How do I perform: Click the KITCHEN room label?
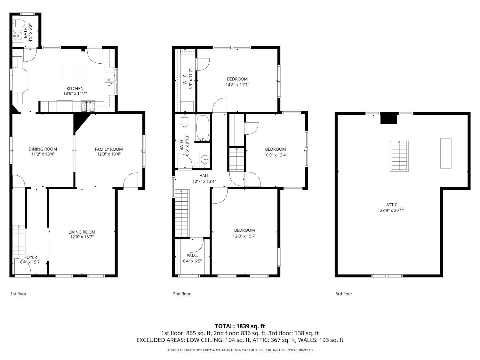tap(75, 89)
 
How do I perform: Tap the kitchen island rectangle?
tap(72, 72)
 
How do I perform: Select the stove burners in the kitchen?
tap(88, 106)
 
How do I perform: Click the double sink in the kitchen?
tap(109, 84)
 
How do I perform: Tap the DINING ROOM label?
tap(43, 149)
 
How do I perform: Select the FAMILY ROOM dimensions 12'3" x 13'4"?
tap(109, 154)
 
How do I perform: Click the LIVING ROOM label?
tap(82, 232)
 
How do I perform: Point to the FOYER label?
tap(31, 257)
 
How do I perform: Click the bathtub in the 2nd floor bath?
tap(203, 128)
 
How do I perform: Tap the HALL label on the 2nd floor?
tap(204, 175)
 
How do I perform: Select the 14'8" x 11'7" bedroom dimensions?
tap(237, 85)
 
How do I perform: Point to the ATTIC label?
tap(392, 205)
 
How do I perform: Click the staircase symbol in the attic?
tap(399, 156)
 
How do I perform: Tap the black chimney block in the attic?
tap(388, 119)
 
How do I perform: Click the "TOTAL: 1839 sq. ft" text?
tap(240, 326)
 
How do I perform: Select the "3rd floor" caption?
tap(344, 294)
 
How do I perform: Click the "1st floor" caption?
tap(18, 294)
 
